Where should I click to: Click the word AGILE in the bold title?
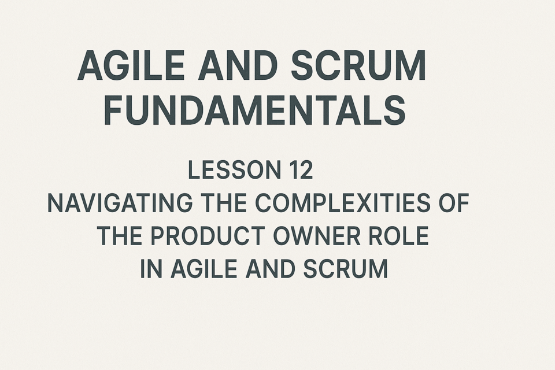tap(131, 66)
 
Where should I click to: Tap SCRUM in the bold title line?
tap(358, 66)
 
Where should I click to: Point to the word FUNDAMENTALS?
tap(255, 109)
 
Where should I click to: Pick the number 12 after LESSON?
tap(301, 170)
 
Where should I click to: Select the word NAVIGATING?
tap(120, 203)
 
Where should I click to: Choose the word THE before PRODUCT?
tap(120, 236)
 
